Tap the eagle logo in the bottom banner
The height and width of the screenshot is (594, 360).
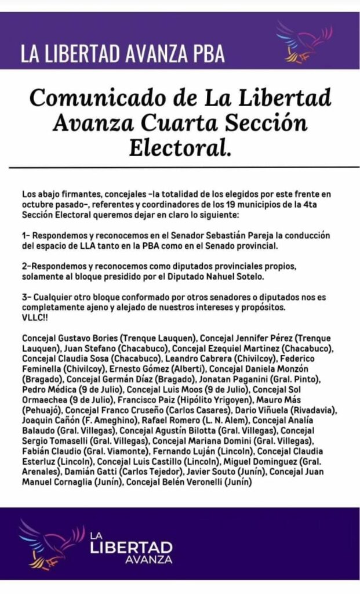(x=51, y=544)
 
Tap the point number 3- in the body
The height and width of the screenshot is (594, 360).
(x=26, y=297)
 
